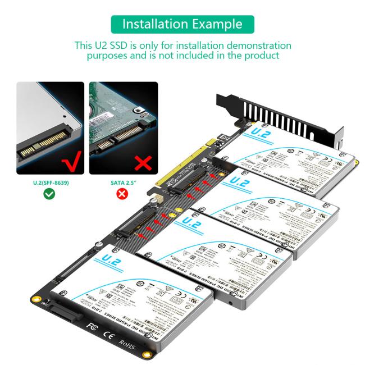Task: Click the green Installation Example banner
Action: (x=182, y=24)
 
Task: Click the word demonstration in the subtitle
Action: (x=247, y=45)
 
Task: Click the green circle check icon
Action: (x=50, y=194)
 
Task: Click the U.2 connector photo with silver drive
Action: (x=50, y=127)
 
